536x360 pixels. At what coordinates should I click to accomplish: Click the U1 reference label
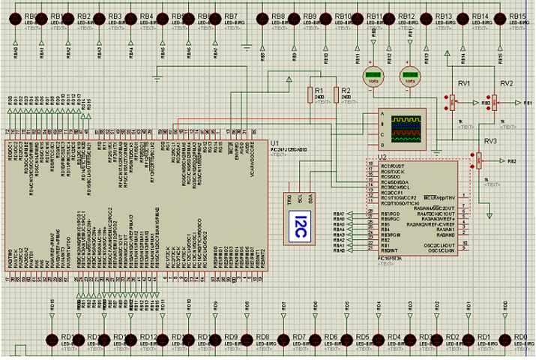[274, 142]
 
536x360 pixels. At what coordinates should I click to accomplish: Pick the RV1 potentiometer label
[466, 83]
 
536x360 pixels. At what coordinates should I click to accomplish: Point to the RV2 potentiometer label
[506, 83]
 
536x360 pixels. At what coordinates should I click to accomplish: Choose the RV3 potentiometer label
[490, 141]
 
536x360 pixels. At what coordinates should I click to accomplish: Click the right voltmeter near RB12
[409, 76]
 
